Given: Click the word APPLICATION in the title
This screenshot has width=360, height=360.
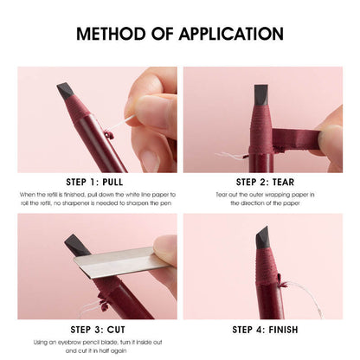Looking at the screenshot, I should (233, 35).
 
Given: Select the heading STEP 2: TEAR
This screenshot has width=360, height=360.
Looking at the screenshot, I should (264, 182).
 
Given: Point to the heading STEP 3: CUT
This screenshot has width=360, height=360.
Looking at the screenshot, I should (97, 329).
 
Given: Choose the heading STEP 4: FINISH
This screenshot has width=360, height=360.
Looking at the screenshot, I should (264, 329).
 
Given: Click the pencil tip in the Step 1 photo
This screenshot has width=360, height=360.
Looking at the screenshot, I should (65, 91).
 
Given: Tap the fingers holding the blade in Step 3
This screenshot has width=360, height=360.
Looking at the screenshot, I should (164, 251).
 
